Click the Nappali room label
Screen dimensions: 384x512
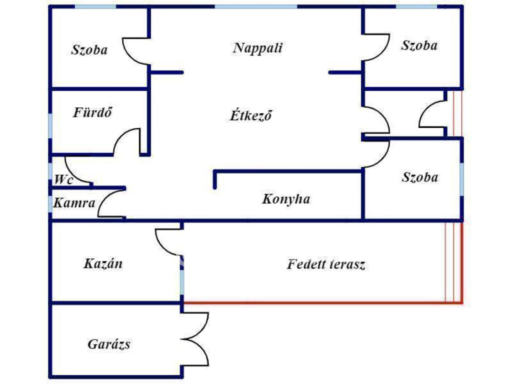pyautogui.click(x=258, y=48)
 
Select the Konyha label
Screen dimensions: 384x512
pyautogui.click(x=286, y=199)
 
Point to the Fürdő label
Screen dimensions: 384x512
pyautogui.click(x=92, y=112)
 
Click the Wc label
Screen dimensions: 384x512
pyautogui.click(x=64, y=179)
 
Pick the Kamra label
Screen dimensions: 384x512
pyautogui.click(x=74, y=203)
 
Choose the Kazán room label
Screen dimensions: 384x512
pyautogui.click(x=103, y=263)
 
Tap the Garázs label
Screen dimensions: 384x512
pyautogui.click(x=109, y=344)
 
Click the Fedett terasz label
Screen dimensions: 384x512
pyautogui.click(x=326, y=264)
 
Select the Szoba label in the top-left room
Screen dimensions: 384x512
pyautogui.click(x=89, y=49)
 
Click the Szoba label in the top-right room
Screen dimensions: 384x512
pyautogui.click(x=419, y=45)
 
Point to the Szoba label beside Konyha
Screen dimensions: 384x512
pyautogui.click(x=420, y=177)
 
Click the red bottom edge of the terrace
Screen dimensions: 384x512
pyautogui.click(x=320, y=302)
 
